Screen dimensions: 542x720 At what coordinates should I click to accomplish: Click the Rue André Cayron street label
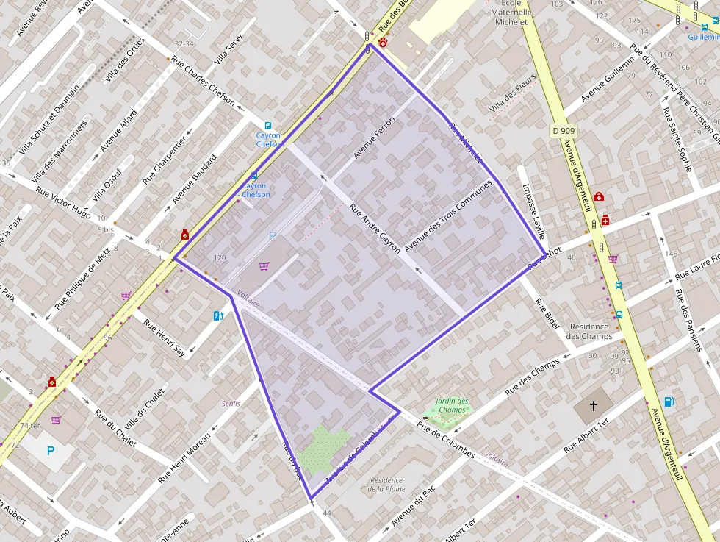[x=375, y=228]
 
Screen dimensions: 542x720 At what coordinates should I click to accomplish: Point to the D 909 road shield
[x=563, y=131]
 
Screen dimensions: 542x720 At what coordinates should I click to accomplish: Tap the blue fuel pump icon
[x=669, y=401]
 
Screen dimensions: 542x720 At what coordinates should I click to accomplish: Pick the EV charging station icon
[x=217, y=315]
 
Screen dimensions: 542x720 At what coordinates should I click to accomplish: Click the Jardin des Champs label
[x=451, y=405]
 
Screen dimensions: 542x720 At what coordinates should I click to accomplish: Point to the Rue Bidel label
[x=547, y=312]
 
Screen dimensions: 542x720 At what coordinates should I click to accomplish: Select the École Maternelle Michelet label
[x=511, y=13]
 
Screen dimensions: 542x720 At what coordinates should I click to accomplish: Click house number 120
[x=219, y=257]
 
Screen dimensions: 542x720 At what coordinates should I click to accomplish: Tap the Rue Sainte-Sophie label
[x=677, y=139]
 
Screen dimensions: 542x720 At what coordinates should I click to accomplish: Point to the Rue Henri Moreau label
[x=184, y=457]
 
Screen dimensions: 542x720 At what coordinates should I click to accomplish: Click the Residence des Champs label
[x=590, y=331]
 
